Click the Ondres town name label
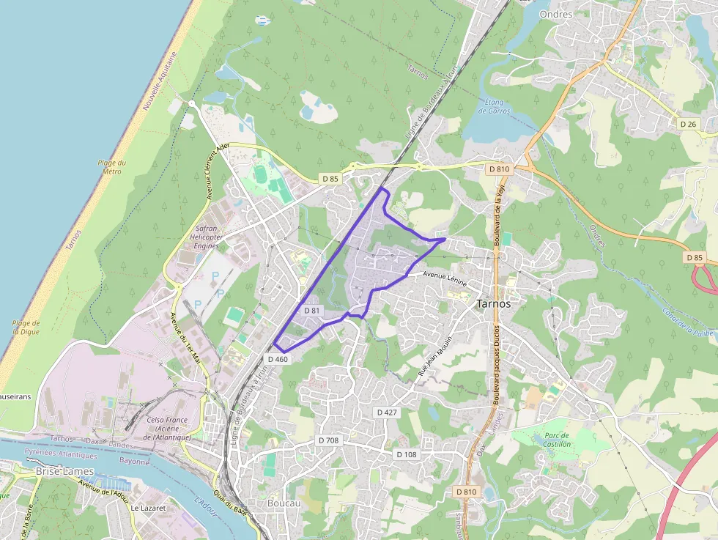[555, 14]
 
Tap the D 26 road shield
[688, 124]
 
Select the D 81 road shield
[312, 311]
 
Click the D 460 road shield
[278, 359]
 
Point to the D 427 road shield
[387, 413]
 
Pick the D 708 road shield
[329, 440]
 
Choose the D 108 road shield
[407, 454]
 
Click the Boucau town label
[284, 503]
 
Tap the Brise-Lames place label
[64, 472]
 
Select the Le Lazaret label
[148, 507]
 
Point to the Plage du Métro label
[112, 167]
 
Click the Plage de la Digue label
[26, 327]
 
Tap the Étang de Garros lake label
[493, 106]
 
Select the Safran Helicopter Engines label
[208, 237]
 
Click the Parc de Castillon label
[557, 439]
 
